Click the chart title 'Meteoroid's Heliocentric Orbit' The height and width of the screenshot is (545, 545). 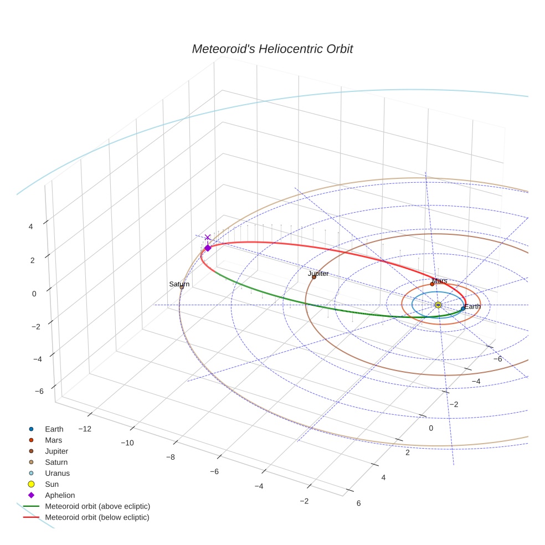click(x=272, y=49)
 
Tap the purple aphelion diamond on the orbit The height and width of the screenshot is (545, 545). click(x=208, y=248)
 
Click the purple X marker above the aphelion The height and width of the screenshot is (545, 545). click(x=208, y=238)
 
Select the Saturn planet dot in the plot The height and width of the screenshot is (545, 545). click(x=182, y=287)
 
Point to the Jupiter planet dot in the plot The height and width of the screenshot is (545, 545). click(x=314, y=277)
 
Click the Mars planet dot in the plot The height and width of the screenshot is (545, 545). click(x=432, y=284)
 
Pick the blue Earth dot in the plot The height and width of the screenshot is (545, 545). click(x=463, y=309)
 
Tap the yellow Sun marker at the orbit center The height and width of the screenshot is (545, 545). click(x=438, y=305)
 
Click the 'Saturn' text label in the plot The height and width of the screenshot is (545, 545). click(x=179, y=284)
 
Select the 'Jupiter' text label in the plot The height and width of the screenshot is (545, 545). click(x=318, y=274)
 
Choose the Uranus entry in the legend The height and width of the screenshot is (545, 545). click(x=57, y=473)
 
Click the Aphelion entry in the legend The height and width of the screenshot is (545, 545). click(x=59, y=495)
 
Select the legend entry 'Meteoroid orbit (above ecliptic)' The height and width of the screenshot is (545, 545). click(x=97, y=506)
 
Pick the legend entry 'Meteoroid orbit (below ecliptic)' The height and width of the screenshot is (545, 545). click(x=97, y=517)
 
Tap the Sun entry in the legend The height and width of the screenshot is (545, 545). click(x=52, y=484)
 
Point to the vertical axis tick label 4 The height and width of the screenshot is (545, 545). click(x=32, y=227)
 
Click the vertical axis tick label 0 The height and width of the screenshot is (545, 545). click(x=34, y=294)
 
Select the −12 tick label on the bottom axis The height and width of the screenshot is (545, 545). click(x=85, y=429)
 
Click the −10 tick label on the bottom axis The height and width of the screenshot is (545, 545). click(x=128, y=443)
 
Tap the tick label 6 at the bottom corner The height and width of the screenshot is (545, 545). click(x=358, y=503)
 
